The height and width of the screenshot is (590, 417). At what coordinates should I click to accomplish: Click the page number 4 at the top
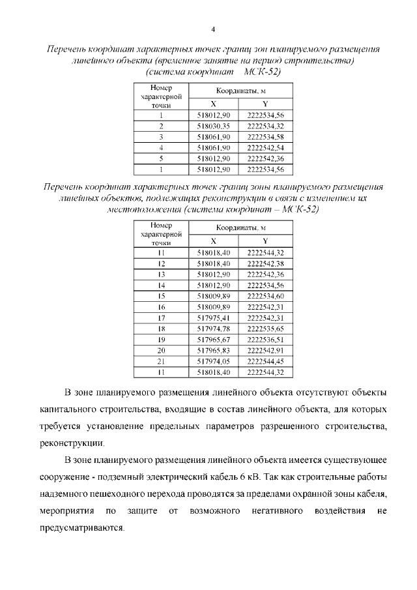click(212, 29)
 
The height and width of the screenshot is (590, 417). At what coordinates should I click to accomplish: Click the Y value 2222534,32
click(265, 126)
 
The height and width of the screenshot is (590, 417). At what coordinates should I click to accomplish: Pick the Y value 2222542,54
click(265, 148)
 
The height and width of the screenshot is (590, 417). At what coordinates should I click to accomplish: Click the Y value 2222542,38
click(265, 263)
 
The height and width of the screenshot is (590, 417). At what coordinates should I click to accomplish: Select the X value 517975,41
click(213, 318)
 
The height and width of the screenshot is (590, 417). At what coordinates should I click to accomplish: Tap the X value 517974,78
click(213, 329)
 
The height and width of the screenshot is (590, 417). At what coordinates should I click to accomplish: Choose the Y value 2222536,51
click(265, 340)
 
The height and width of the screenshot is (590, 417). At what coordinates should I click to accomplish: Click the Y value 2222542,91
click(265, 351)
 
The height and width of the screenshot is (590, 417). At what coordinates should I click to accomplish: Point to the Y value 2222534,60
click(265, 296)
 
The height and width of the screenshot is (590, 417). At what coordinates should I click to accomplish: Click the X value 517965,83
click(213, 351)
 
